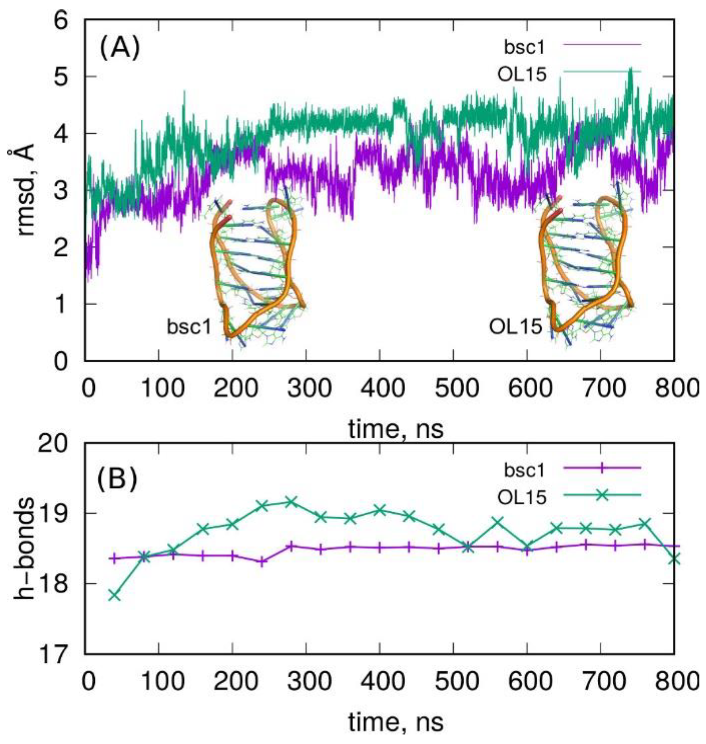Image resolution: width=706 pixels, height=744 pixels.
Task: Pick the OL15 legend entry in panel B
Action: [522, 497]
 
